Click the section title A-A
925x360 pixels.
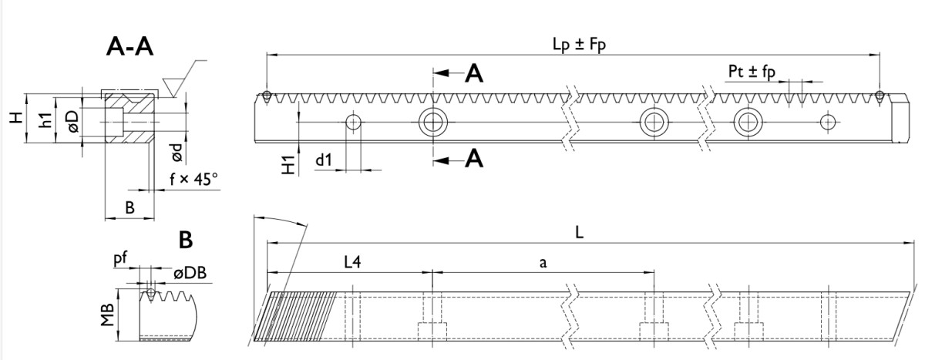point(129,48)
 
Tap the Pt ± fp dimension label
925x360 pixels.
point(751,71)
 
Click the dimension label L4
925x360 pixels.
point(352,262)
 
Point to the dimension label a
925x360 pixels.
point(543,262)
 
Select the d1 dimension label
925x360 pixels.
point(323,160)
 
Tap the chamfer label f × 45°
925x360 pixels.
point(193,180)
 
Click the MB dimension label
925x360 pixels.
point(108,315)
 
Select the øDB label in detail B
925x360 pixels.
point(189,273)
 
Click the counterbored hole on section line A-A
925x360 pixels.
point(433,122)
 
